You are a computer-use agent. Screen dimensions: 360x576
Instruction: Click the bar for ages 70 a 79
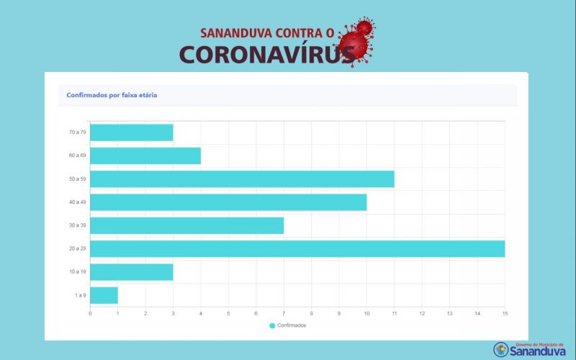point(132,132)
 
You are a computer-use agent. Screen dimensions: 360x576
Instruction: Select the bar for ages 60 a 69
point(145,156)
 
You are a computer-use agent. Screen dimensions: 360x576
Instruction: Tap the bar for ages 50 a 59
point(242,179)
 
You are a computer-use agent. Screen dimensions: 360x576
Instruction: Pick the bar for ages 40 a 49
point(228,202)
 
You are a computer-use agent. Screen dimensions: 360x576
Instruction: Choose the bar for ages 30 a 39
point(187,225)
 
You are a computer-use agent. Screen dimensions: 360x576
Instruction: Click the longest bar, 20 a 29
point(297,248)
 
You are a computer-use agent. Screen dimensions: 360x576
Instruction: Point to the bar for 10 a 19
point(132,271)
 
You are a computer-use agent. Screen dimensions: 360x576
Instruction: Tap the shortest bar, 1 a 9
point(104,295)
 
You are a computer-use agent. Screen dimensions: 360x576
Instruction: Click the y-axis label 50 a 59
point(77,179)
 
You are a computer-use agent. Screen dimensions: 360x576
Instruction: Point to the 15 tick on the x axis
point(505,313)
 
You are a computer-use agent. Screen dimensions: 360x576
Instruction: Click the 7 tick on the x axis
point(284,313)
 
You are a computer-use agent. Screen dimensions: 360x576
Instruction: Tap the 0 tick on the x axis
point(90,313)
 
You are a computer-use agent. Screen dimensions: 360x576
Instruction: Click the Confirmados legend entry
point(288,325)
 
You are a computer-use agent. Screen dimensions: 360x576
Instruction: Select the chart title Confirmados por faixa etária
point(112,95)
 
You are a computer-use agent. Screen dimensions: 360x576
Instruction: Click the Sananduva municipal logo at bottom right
point(534,349)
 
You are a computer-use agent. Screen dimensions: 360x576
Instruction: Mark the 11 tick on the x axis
point(395,313)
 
